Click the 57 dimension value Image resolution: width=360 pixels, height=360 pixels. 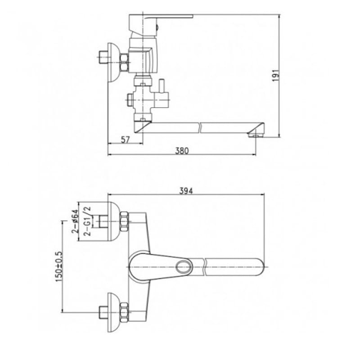[125, 140]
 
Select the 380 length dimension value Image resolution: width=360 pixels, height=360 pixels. [181, 151]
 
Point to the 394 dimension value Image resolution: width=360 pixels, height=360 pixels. [185, 191]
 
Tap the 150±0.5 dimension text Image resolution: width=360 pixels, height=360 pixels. [59, 266]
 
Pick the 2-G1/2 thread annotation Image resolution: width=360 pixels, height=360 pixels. [88, 221]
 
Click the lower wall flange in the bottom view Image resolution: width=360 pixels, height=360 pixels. [114, 312]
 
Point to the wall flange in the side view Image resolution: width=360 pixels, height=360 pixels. [114, 62]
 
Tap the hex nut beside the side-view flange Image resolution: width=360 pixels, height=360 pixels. [123, 62]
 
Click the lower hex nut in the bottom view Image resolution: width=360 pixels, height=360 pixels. [124, 311]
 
